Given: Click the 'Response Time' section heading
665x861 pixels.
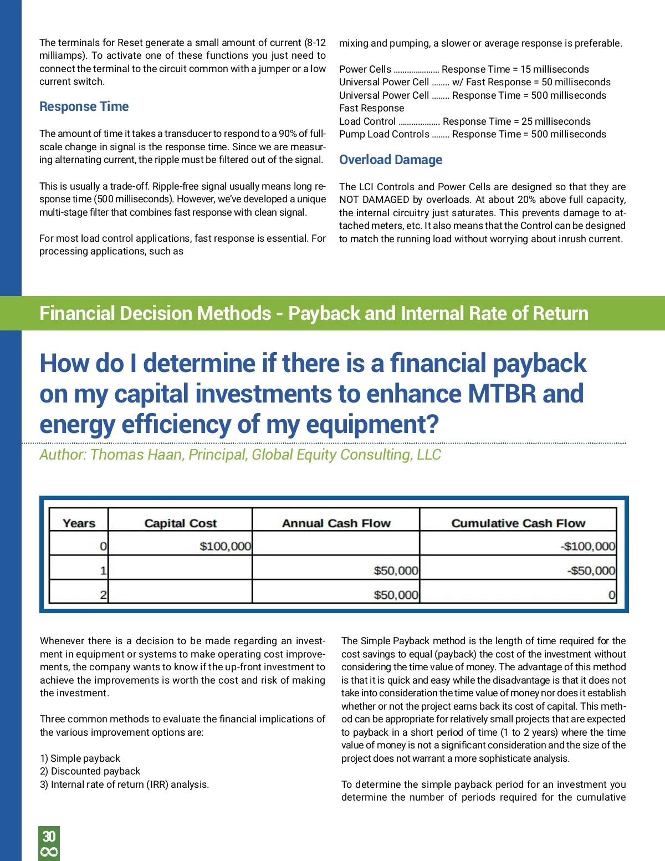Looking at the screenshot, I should click(x=84, y=106).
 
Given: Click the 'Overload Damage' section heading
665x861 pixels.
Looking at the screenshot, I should click(x=391, y=160).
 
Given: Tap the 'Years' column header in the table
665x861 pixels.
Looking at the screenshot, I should click(x=79, y=523).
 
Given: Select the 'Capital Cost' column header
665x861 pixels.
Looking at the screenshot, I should click(x=180, y=523).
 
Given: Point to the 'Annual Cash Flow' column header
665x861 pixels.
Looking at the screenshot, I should click(x=336, y=523).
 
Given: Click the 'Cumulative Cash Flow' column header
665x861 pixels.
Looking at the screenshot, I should click(x=518, y=523).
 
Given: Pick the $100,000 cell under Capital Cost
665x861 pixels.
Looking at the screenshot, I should click(x=225, y=546).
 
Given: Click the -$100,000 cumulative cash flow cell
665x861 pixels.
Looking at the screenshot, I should click(x=587, y=546).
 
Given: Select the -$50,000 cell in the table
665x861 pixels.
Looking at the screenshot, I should click(x=591, y=570).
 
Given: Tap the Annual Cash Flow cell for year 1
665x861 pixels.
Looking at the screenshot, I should click(x=396, y=570).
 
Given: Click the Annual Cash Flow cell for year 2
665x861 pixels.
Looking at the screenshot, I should click(x=396, y=595).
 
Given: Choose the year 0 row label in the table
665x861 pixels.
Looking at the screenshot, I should click(x=103, y=546).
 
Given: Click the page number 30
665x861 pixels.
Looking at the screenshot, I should click(x=49, y=836).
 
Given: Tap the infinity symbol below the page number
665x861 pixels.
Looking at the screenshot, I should click(x=49, y=852).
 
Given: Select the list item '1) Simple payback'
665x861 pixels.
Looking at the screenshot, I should click(x=80, y=758).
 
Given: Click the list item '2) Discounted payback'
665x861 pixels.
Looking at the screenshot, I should click(x=90, y=771).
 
